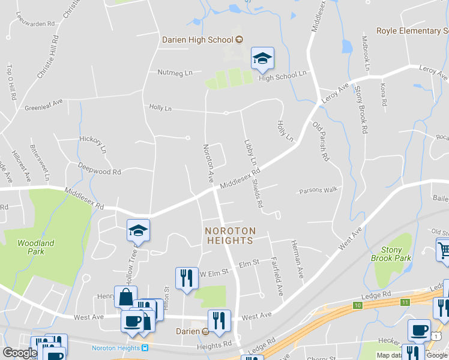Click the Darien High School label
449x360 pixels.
(197, 40)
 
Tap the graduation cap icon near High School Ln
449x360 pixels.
(262, 58)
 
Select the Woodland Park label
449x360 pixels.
(35, 247)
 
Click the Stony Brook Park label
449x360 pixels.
(395, 254)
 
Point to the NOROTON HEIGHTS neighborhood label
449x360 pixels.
(230, 235)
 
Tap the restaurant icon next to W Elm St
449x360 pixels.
(186, 278)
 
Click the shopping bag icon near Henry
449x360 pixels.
(125, 296)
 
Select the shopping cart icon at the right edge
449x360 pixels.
(443, 249)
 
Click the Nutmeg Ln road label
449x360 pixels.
(175, 73)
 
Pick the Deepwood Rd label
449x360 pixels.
(99, 169)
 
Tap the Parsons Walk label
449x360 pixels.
(319, 191)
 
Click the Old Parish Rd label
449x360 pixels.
(321, 142)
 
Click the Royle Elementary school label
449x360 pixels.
(412, 31)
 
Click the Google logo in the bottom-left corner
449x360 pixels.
(20, 353)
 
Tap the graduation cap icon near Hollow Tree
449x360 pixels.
(138, 230)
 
